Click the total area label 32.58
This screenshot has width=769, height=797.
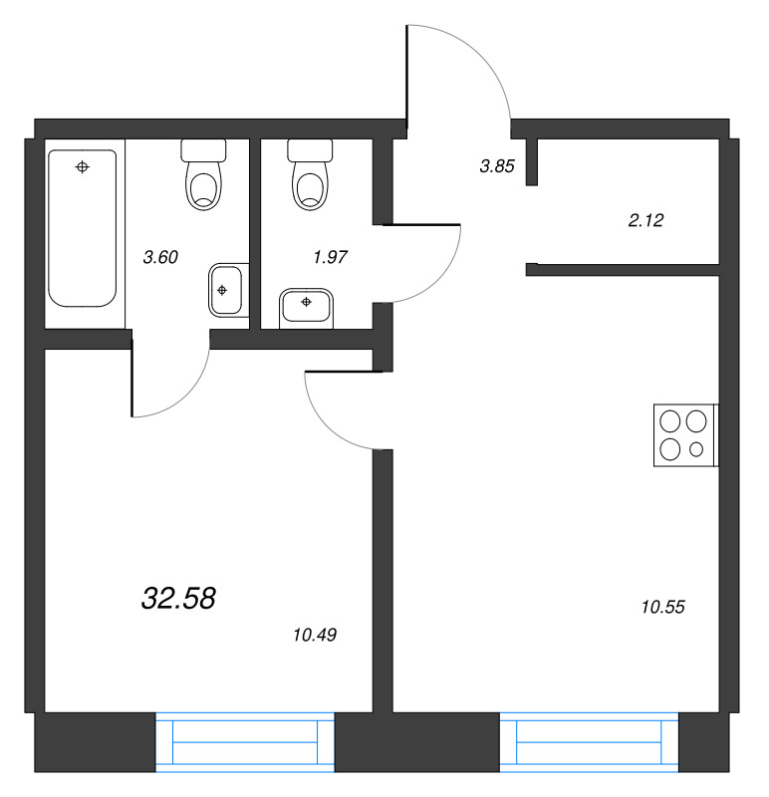[x=178, y=598]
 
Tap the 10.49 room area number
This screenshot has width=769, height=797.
[x=315, y=635]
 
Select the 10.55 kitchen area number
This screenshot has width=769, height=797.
[x=662, y=607]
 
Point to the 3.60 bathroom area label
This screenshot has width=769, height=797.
[x=160, y=257]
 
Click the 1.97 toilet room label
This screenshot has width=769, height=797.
[x=331, y=257]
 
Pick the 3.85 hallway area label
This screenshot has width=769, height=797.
[x=497, y=166]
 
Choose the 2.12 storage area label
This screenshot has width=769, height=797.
[x=646, y=220]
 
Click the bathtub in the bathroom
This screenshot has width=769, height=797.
[x=83, y=228]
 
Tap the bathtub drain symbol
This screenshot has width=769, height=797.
[x=83, y=166]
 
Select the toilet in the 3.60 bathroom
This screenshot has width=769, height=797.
[x=203, y=174]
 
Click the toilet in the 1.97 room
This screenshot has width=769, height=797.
[x=310, y=174]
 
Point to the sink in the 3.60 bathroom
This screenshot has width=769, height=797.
[x=229, y=290]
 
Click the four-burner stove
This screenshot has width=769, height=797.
[x=685, y=435]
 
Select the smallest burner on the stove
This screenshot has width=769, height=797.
[x=696, y=449]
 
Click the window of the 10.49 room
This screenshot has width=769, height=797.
[x=245, y=742]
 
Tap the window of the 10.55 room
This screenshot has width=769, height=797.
[x=589, y=742]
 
